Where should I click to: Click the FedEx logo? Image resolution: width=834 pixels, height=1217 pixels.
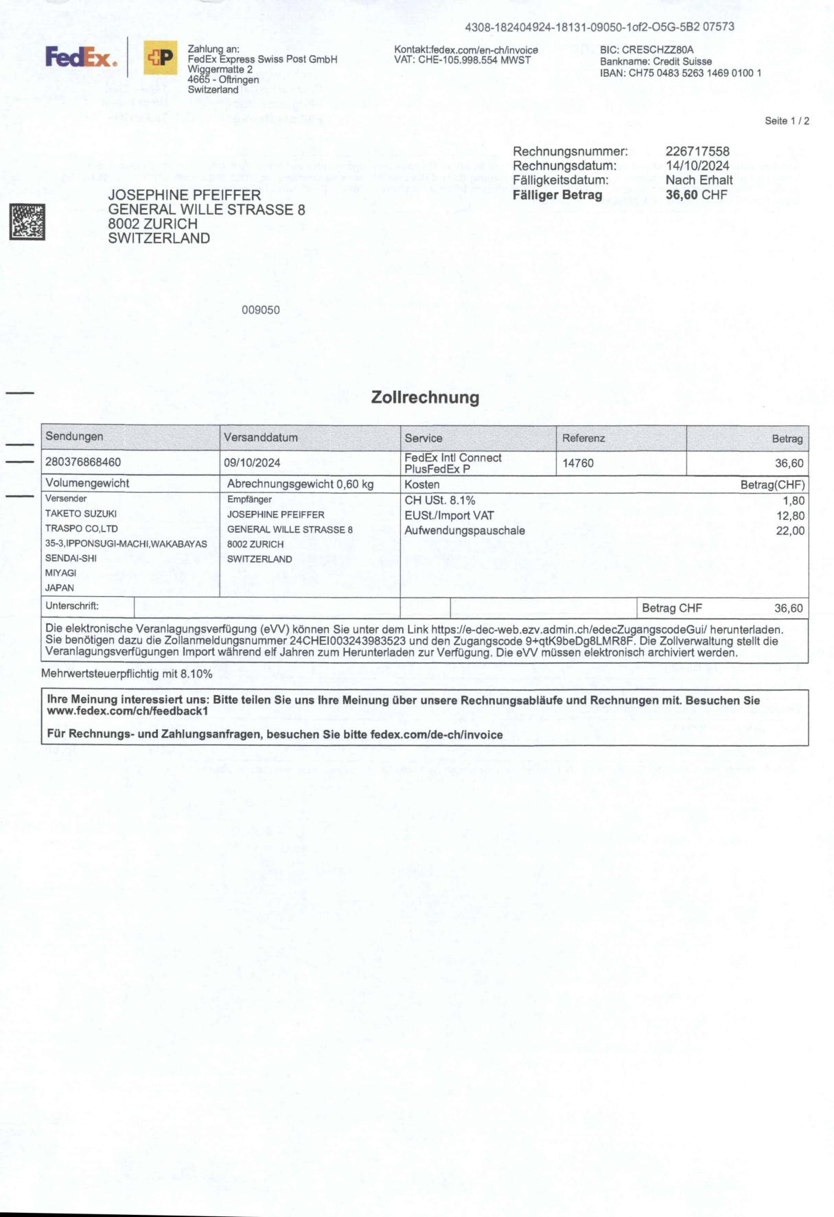click(x=81, y=58)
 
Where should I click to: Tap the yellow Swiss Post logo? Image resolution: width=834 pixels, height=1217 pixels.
click(x=160, y=58)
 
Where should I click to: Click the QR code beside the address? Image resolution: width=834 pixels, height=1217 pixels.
click(x=27, y=222)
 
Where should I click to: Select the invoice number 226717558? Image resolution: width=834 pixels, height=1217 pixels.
click(x=697, y=152)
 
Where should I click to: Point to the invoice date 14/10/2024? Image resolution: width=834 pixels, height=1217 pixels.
click(x=697, y=166)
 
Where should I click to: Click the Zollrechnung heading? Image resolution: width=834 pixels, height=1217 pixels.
click(x=425, y=398)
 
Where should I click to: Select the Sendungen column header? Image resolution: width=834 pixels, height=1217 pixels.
click(x=74, y=437)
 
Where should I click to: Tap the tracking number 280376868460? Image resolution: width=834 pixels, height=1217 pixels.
click(x=83, y=462)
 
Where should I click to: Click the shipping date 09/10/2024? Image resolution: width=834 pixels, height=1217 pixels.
click(x=252, y=463)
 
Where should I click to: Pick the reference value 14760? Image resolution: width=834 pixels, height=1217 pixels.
click(x=578, y=463)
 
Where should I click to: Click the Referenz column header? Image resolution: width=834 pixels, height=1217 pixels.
click(x=583, y=438)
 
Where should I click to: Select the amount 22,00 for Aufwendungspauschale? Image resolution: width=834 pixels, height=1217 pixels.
click(x=790, y=531)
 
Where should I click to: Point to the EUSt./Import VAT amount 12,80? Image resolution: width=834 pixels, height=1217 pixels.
click(x=790, y=516)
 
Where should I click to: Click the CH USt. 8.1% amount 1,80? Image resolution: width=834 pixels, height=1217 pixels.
click(x=794, y=501)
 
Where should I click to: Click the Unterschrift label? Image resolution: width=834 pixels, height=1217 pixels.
click(x=72, y=606)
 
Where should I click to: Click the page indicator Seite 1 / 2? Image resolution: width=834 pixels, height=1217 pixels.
click(x=787, y=121)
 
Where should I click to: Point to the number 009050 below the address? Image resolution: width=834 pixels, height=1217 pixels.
click(x=261, y=310)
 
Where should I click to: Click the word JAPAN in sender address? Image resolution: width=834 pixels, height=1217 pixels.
click(x=60, y=588)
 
